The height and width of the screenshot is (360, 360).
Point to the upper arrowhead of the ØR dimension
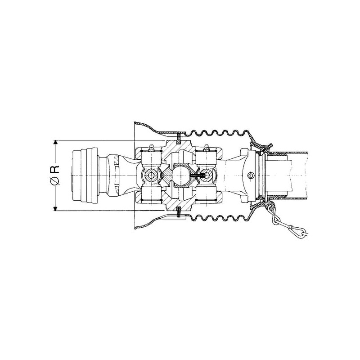55,143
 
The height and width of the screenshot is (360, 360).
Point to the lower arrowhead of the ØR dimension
55,208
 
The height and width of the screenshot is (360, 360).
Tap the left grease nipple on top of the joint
151,148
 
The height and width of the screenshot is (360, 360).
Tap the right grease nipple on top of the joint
206,148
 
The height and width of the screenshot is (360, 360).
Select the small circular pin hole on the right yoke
251,175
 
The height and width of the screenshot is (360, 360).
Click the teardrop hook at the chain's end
299,230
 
